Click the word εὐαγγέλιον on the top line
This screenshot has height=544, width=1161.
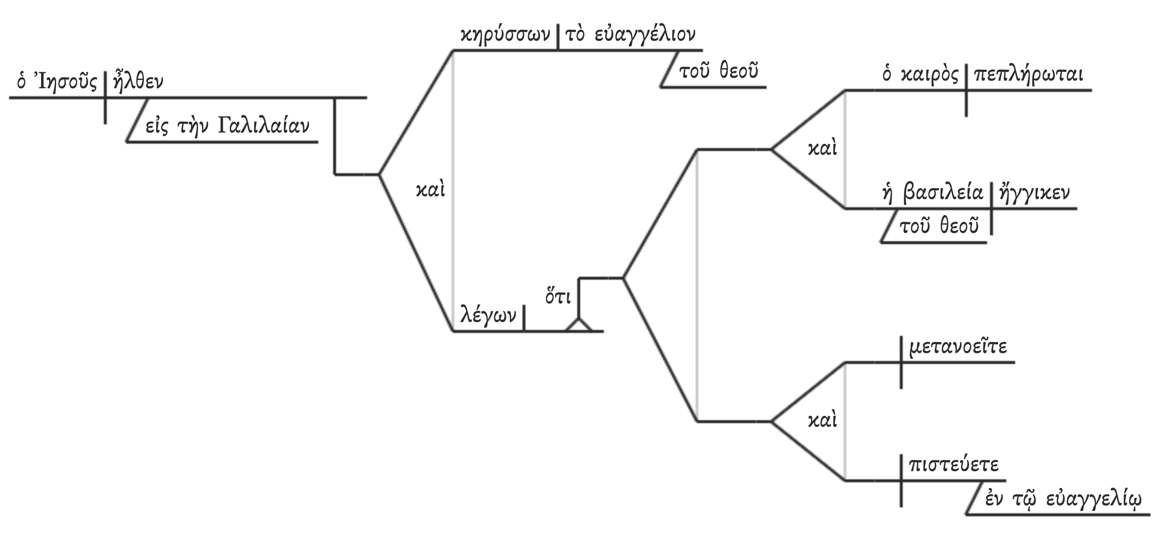click(x=645, y=35)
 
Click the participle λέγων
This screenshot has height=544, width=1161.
click(x=488, y=316)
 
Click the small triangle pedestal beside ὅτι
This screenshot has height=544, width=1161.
click(x=579, y=326)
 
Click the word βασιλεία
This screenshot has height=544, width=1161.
click(x=943, y=193)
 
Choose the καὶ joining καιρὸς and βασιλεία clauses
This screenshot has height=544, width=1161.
click(x=822, y=148)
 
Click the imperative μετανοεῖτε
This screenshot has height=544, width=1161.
click(x=958, y=347)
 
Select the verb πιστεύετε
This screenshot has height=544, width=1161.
click(x=954, y=465)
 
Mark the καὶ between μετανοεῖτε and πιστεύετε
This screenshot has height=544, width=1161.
click(x=822, y=420)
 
